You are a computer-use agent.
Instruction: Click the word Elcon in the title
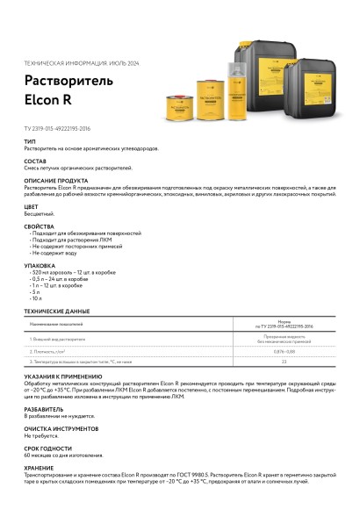pyautogui.click(x=42, y=99)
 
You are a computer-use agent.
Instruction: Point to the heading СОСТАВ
pyautogui.click(x=36, y=161)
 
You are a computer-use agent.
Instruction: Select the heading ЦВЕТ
pyautogui.click(x=32, y=206)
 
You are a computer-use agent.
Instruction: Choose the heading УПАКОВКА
pyautogui.click(x=40, y=264)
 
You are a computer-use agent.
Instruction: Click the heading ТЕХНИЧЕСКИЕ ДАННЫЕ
pyautogui.click(x=56, y=311)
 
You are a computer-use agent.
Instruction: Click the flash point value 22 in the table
pyautogui.click(x=284, y=361)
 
